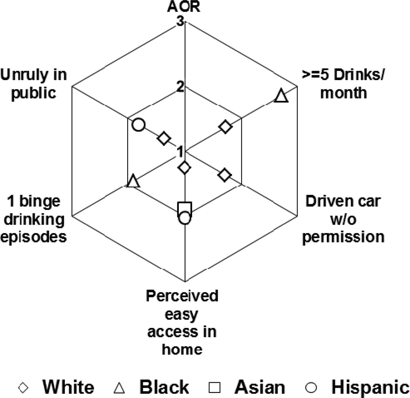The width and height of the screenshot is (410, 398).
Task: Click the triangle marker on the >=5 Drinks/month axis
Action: [281, 96]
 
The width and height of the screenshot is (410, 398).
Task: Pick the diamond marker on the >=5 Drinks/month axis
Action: [225, 127]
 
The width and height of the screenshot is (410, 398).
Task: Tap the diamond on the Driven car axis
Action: [224, 175]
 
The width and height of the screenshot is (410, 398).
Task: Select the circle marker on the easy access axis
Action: [185, 218]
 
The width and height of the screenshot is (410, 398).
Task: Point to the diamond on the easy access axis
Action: [185, 168]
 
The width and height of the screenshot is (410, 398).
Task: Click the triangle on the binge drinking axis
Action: [134, 181]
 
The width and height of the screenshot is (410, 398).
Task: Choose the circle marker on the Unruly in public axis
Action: [139, 125]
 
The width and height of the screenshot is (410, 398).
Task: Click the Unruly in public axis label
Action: [34, 84]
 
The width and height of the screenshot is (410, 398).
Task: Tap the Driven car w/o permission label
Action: [343, 219]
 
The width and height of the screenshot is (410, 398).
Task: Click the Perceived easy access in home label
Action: [182, 322]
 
